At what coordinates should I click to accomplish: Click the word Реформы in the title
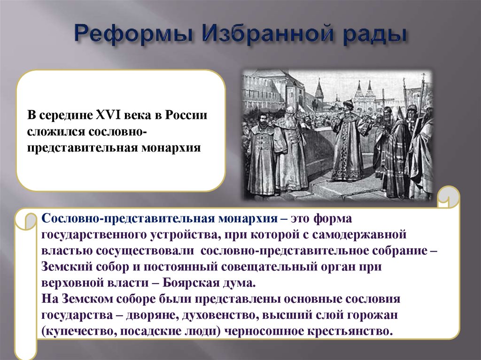(x=133, y=34)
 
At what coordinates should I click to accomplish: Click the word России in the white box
(x=186, y=115)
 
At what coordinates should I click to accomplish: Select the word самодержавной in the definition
(x=359, y=235)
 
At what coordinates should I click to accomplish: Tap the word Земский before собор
(x=67, y=267)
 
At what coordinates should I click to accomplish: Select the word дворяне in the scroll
(x=153, y=315)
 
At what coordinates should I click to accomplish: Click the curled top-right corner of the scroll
(x=448, y=197)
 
